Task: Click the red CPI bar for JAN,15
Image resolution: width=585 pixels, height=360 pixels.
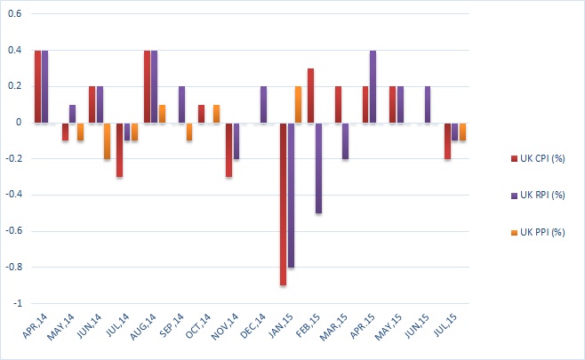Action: click(x=284, y=204)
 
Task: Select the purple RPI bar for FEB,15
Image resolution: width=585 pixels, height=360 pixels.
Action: click(x=318, y=167)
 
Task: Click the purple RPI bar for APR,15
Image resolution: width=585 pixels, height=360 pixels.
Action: click(x=373, y=86)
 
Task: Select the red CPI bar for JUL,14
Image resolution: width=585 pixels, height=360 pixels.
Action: click(x=120, y=149)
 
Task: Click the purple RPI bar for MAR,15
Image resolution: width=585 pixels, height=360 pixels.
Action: click(x=345, y=140)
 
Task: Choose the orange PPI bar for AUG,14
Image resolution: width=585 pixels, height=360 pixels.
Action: click(x=162, y=113)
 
